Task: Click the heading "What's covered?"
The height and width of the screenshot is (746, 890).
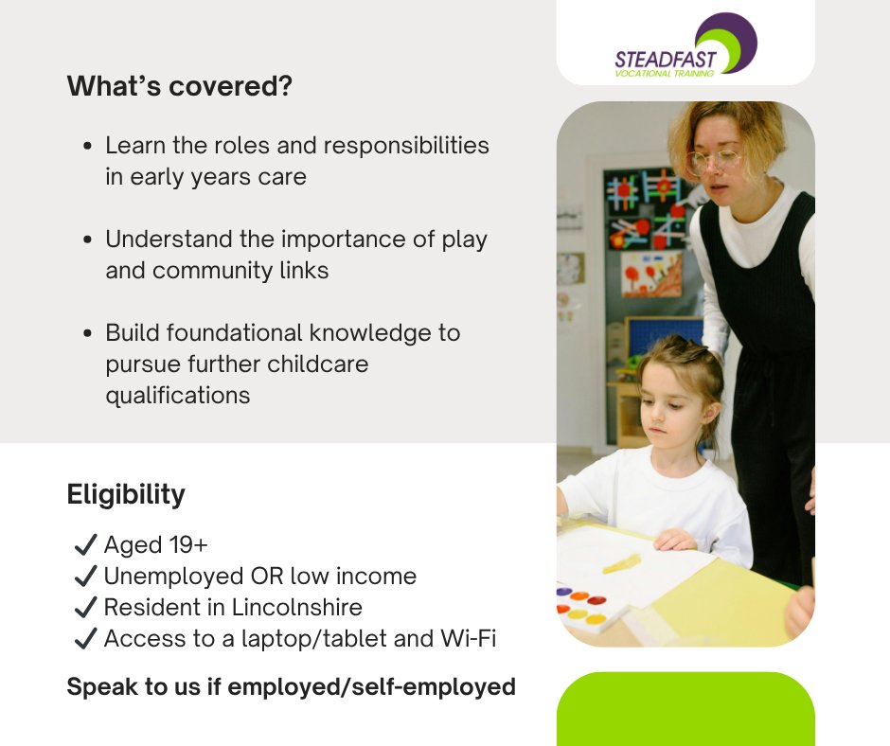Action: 179,87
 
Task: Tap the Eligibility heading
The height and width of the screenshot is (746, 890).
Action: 126,494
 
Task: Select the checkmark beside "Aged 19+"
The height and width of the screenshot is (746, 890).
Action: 85,544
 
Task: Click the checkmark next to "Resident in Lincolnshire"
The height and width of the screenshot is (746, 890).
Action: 85,607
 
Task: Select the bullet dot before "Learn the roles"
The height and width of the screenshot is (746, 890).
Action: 88,147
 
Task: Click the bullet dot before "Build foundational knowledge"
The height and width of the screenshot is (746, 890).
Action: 88,334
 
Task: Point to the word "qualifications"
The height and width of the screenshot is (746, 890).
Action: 178,395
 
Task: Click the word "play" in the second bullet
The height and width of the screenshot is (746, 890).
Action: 464,239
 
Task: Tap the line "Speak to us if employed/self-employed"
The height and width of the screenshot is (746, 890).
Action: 291,686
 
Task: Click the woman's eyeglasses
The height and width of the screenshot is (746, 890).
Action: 717,159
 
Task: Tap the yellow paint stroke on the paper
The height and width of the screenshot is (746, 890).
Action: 621,563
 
